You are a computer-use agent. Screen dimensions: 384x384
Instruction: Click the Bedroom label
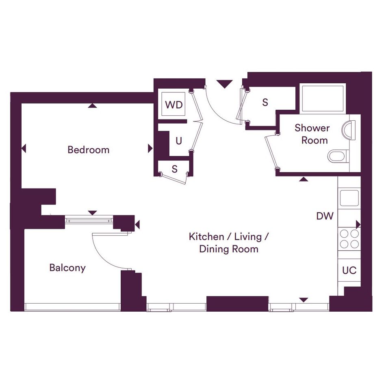(89, 150)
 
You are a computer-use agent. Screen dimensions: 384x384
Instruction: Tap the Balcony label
(67, 268)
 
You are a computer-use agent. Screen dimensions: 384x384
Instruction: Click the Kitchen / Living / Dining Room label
(229, 243)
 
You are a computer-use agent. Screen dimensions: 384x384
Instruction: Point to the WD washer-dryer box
(174, 104)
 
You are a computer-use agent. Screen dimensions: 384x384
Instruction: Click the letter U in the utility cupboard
(179, 141)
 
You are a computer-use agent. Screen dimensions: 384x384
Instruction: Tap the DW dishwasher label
(325, 216)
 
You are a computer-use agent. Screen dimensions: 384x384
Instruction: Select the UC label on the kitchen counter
(349, 270)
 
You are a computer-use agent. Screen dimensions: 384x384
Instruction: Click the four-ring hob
(349, 239)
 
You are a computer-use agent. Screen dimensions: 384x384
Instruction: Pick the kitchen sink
(349, 198)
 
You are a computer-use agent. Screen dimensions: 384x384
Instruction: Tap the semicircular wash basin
(348, 130)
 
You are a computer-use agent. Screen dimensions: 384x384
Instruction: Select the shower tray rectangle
(323, 98)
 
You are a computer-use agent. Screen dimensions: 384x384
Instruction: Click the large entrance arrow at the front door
(224, 84)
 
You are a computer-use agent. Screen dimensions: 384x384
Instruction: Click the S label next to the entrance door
(265, 102)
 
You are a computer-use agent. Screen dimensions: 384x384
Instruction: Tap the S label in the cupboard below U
(174, 169)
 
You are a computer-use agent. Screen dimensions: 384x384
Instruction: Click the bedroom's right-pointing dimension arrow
(150, 148)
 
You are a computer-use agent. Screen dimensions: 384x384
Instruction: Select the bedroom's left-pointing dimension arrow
(24, 148)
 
